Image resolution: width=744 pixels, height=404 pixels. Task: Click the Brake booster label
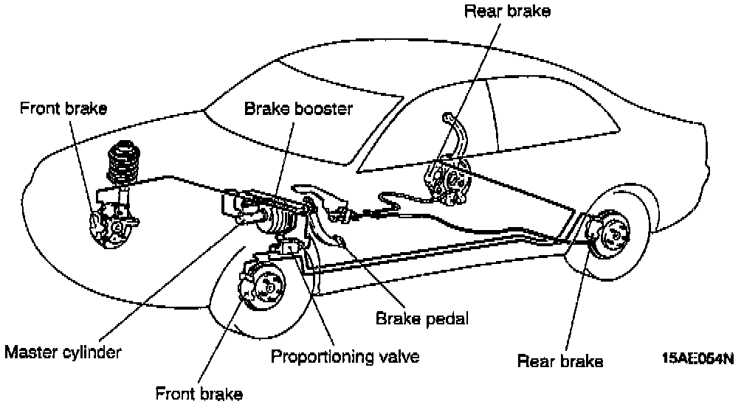click(299, 110)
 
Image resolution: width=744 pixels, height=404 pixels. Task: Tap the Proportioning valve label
click(345, 357)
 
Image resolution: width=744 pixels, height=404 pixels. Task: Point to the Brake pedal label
click(422, 319)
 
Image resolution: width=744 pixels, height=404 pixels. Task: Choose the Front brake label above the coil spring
click(63, 108)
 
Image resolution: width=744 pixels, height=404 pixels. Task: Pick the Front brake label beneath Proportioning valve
click(199, 393)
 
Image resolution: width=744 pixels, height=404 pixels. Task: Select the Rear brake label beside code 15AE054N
click(560, 361)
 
